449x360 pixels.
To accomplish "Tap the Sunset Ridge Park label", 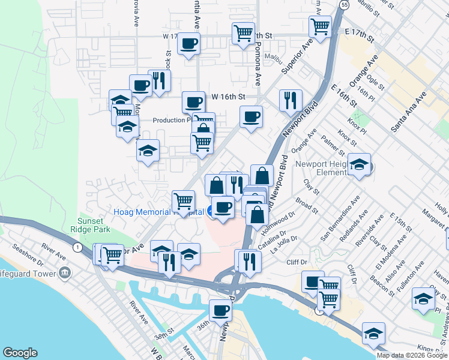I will [94, 225].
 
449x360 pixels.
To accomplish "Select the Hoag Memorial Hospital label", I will [158, 211].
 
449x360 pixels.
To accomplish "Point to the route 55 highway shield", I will [343, 5].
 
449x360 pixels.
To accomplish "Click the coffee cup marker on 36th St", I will [220, 310].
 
